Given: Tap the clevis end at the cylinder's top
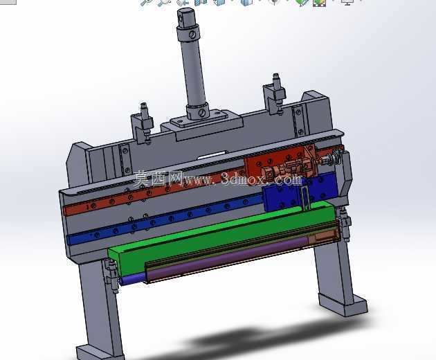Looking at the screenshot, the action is (x=187, y=17).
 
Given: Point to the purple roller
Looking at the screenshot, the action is (x=228, y=259).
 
